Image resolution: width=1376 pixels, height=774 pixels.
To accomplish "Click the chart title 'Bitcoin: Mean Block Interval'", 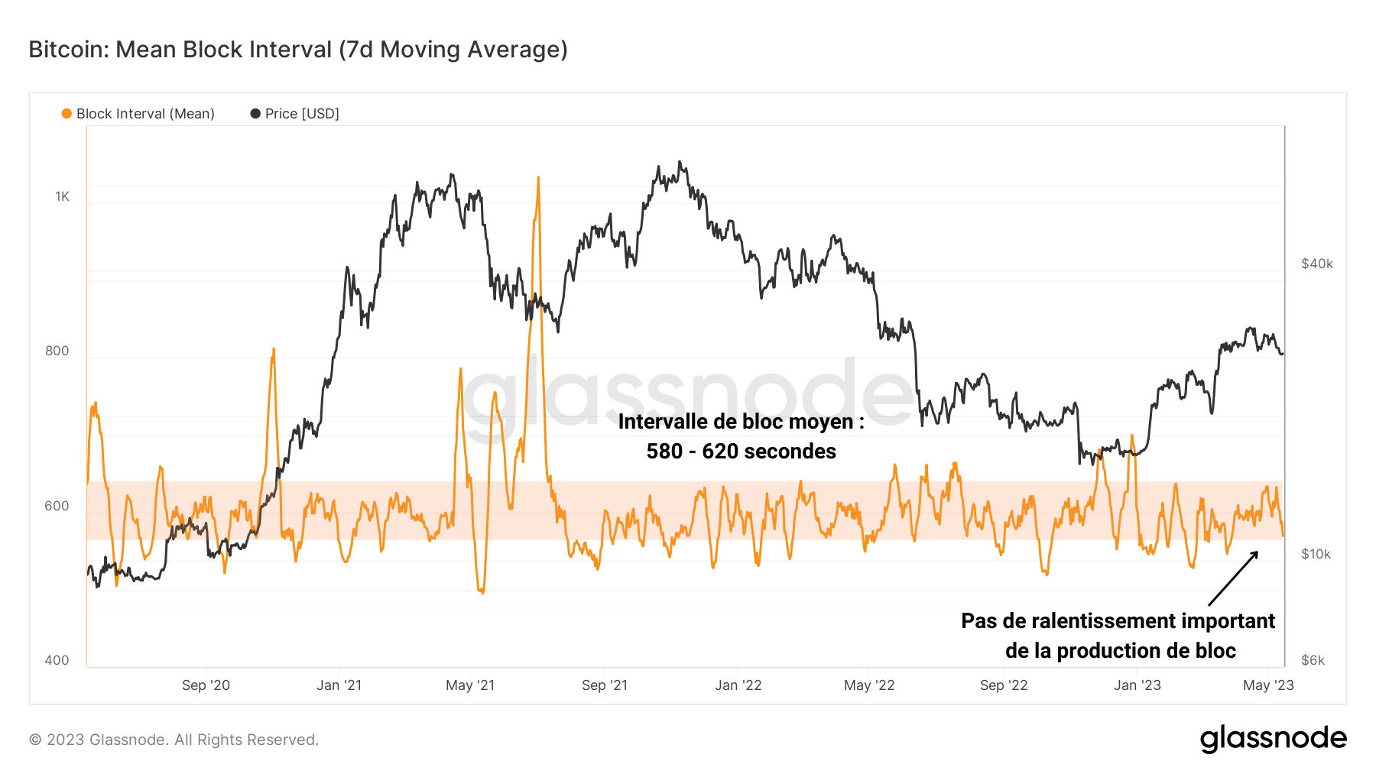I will (298, 50).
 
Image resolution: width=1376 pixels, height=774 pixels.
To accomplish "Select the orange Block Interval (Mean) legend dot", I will (67, 114).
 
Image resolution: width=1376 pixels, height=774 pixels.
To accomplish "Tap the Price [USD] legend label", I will (302, 114).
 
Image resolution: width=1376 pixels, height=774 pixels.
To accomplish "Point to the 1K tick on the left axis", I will (62, 196).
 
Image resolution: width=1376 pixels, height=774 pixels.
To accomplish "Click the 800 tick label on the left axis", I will (57, 351).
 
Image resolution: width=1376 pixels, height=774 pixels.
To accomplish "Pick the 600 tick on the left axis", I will (57, 506).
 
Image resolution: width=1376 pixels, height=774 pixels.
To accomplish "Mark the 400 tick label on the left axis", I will (57, 660).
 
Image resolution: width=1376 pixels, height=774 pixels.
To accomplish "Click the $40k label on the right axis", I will (1316, 264).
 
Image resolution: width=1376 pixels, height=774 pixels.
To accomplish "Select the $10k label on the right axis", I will (1316, 554).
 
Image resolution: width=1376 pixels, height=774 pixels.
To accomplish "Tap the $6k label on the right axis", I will (1313, 660).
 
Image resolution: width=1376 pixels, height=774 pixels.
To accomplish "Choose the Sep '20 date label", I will (206, 685).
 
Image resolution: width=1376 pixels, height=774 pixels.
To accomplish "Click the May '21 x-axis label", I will (470, 685).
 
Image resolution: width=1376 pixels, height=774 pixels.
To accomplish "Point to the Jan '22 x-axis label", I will (738, 685).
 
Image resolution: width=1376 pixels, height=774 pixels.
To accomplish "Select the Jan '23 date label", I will (1137, 685).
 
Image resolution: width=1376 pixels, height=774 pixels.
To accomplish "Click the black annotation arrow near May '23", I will (1233, 578).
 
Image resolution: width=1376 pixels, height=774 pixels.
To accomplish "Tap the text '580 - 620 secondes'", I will (741, 452).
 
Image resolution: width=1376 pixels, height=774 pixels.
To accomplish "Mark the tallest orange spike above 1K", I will (538, 180).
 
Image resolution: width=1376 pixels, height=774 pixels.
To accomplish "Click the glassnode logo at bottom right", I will (1273, 739).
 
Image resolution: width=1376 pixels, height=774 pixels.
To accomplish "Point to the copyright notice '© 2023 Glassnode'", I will (174, 740).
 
